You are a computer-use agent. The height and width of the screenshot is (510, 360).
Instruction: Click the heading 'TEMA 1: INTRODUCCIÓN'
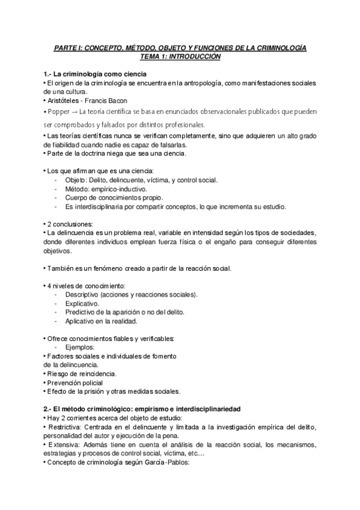tap(180, 56)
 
